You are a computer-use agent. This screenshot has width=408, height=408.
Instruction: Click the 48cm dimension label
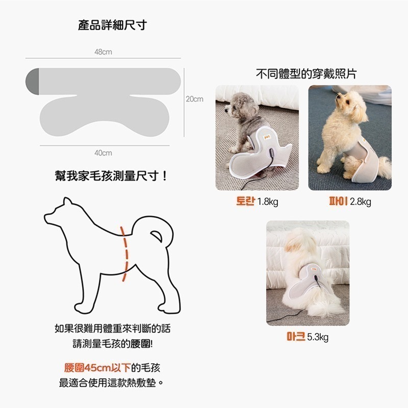pyautogui.click(x=103, y=52)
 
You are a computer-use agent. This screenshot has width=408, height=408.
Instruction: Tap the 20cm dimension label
pyautogui.click(x=194, y=99)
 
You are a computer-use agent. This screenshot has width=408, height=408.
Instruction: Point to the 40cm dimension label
pyautogui.click(x=103, y=152)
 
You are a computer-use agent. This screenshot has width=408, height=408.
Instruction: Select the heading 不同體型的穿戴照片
pyautogui.click(x=305, y=74)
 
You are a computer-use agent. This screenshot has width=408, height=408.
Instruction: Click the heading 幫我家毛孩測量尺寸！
pyautogui.click(x=112, y=176)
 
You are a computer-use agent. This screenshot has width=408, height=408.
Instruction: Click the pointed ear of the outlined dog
pyautogui.click(x=66, y=203)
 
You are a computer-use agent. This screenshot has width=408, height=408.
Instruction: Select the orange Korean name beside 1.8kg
pyautogui.click(x=245, y=201)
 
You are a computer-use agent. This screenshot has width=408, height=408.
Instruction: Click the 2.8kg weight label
pyautogui.click(x=361, y=202)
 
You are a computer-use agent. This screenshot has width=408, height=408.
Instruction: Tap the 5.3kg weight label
pyautogui.click(x=318, y=337)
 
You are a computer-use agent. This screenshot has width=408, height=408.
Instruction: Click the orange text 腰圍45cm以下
pyautogui.click(x=97, y=368)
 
